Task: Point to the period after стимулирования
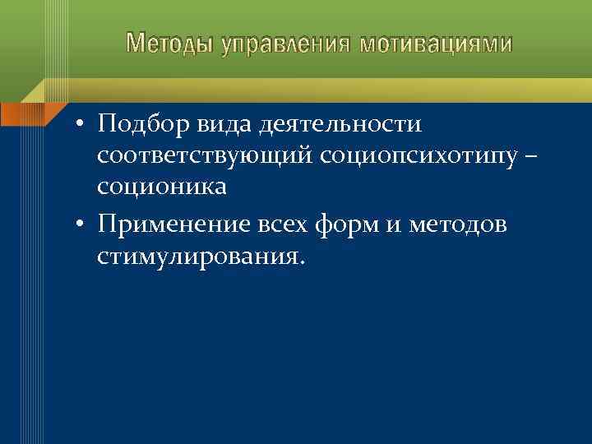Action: click(x=302, y=264)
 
